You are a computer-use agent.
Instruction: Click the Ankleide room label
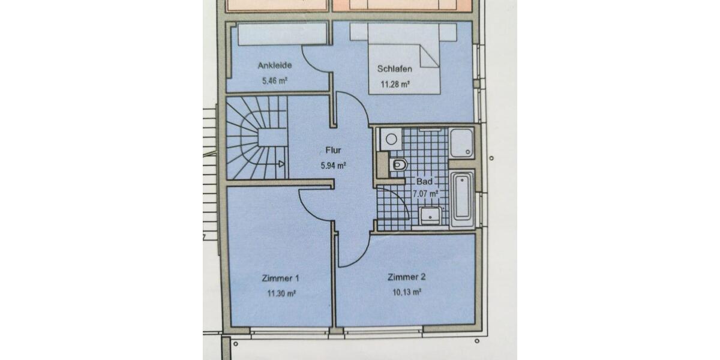click(275, 65)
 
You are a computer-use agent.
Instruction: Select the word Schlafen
click(395, 69)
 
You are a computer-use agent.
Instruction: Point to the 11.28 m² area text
click(395, 84)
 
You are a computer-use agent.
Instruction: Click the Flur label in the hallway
click(333, 151)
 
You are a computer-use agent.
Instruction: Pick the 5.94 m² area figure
click(333, 165)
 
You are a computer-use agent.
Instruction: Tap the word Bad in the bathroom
click(424, 181)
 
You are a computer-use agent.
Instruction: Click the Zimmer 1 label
click(280, 278)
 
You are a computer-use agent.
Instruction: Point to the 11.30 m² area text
click(280, 293)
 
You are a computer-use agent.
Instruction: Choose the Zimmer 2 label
click(406, 277)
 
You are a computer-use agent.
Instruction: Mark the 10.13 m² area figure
click(406, 292)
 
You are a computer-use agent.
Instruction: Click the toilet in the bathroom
click(398, 164)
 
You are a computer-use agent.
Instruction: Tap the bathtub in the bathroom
click(462, 199)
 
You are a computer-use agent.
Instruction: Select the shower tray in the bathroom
click(462, 143)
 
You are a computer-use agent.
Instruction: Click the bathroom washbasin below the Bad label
click(430, 215)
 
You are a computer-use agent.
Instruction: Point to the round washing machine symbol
click(391, 139)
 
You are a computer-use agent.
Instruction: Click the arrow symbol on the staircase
click(281, 163)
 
